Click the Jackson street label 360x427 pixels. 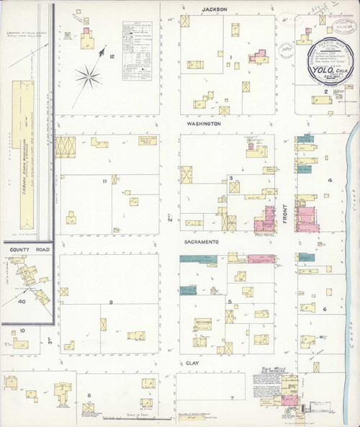click(x=213, y=9)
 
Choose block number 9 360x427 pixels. click(x=111, y=302)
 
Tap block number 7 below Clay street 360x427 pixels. click(x=232, y=398)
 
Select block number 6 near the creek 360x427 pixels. click(x=324, y=310)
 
